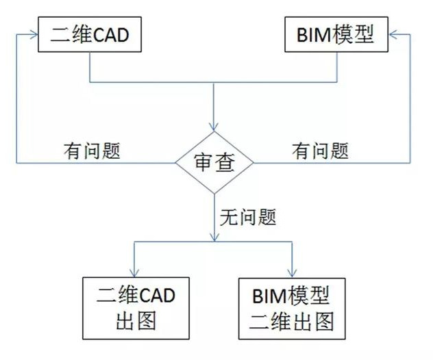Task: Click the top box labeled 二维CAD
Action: pyautogui.click(x=89, y=35)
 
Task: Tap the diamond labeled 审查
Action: pyautogui.click(x=214, y=163)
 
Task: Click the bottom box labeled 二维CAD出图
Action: pyautogui.click(x=136, y=309)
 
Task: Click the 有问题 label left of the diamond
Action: pyautogui.click(x=92, y=150)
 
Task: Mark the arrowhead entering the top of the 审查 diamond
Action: pyautogui.click(x=214, y=126)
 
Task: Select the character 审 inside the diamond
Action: pyautogui.click(x=203, y=163)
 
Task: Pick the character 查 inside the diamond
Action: pyautogui.click(x=226, y=163)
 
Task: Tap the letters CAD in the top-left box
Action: pyautogui.click(x=110, y=35)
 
